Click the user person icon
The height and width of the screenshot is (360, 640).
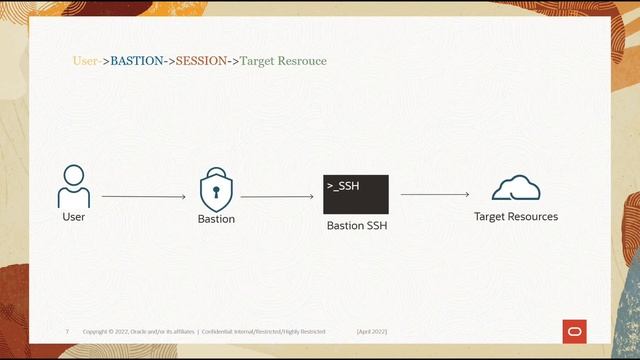coord(74,186)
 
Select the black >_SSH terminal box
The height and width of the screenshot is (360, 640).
coord(355,194)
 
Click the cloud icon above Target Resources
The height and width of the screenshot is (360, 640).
coord(515,188)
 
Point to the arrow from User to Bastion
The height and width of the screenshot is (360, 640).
coord(144,197)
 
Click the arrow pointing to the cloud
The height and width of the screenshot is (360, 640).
coord(435,195)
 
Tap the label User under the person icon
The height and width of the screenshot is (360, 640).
coord(74,216)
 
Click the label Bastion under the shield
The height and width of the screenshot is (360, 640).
coord(216,218)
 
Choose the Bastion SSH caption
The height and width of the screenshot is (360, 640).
coord(356,226)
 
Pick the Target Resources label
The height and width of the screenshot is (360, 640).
coord(516,216)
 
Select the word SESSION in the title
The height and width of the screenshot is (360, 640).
coord(202,61)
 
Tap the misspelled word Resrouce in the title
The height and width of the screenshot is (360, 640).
coord(303,61)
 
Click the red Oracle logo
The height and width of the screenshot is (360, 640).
coord(575,331)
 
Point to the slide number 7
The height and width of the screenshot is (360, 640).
coord(67,331)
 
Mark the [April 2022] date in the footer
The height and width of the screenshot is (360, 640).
coord(371,331)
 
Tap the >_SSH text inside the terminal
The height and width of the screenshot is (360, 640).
coord(342,186)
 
